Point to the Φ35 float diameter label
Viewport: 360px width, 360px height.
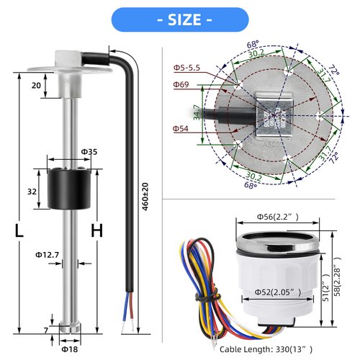89,152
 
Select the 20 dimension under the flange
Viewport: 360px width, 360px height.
36,84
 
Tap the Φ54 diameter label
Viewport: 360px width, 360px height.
181,129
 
